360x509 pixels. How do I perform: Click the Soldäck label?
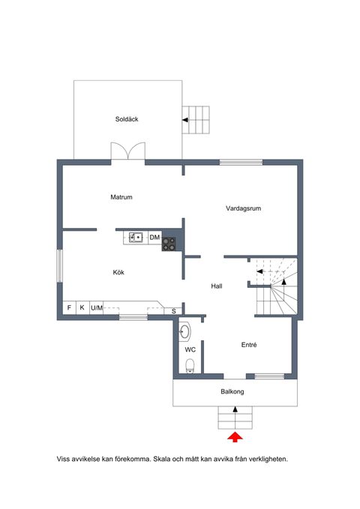127,119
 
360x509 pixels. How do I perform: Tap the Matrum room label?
121,197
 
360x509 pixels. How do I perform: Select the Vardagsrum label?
243,208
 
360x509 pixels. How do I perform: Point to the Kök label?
118,272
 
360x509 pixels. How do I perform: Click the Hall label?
217,286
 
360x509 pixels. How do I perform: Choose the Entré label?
249,345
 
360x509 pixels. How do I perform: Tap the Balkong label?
232,391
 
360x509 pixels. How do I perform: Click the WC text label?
190,349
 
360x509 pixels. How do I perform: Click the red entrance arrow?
235,437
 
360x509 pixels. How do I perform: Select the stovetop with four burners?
169,244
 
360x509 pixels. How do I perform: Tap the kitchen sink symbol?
136,238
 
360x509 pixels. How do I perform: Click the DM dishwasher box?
154,238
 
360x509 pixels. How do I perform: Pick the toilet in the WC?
190,366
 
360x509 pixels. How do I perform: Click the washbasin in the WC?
184,332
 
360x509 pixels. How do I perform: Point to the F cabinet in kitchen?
69,307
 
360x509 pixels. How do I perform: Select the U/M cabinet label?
97,308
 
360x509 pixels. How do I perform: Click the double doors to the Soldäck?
128,151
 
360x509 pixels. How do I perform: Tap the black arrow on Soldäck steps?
185,120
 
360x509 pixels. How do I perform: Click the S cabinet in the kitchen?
173,311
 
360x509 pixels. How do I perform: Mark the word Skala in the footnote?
162,459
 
